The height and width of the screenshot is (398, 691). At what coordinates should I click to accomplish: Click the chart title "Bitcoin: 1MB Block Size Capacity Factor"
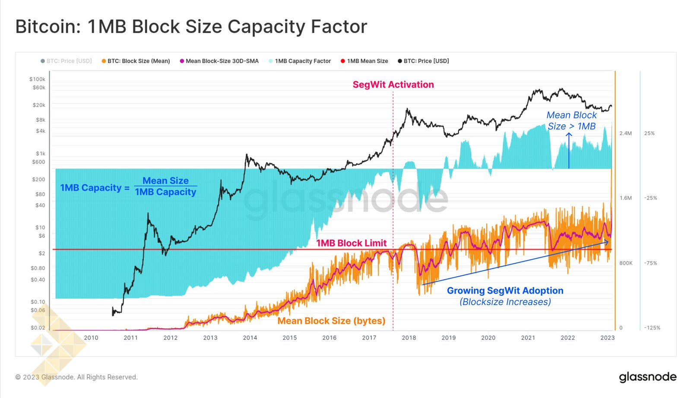(x=191, y=27)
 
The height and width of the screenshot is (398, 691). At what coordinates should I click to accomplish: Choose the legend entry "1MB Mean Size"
(x=367, y=61)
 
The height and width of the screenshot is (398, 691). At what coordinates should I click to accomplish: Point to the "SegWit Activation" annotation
(x=393, y=85)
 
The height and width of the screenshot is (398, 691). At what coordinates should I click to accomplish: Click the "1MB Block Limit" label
(x=352, y=243)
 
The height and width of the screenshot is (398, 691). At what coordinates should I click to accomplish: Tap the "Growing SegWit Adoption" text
(x=505, y=291)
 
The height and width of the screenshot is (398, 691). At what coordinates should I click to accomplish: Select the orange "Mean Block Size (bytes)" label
(x=331, y=321)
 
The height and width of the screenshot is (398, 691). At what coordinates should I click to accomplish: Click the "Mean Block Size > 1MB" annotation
(x=571, y=121)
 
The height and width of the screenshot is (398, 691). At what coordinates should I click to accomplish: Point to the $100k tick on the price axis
(x=37, y=79)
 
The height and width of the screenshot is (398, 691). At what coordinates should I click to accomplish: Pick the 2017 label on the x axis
(x=369, y=338)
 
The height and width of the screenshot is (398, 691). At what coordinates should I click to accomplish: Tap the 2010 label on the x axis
(x=91, y=338)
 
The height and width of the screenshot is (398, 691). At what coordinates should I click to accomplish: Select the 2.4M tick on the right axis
(x=625, y=133)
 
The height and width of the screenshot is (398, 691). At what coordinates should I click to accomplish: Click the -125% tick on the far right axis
(x=652, y=328)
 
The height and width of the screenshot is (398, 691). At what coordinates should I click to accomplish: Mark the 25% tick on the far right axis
(x=649, y=133)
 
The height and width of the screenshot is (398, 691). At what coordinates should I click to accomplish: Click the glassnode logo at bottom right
(x=647, y=377)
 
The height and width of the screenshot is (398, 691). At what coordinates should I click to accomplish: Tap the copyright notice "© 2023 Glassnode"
(x=76, y=377)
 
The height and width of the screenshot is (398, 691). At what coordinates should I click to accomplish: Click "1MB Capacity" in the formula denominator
(x=165, y=192)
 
